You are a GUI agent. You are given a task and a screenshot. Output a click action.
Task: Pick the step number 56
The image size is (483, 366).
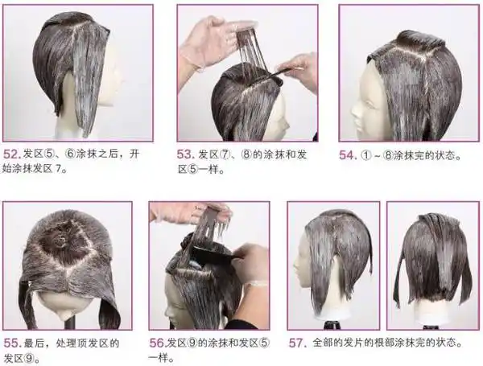coord(158,343)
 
